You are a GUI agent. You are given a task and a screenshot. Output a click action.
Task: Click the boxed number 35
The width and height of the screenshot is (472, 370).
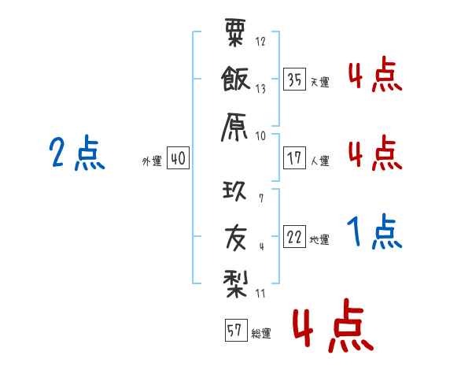pos(294,80)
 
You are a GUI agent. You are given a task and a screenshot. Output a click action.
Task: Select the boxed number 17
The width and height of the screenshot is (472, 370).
pos(294,158)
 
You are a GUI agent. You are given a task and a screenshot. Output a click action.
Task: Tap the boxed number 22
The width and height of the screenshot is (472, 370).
pos(294,237)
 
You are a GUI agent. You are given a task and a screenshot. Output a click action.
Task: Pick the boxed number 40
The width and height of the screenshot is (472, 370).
pos(178,158)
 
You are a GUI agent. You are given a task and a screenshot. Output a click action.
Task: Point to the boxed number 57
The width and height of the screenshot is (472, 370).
pos(234,331)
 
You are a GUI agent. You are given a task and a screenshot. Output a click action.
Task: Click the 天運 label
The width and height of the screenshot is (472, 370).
pos(319,82)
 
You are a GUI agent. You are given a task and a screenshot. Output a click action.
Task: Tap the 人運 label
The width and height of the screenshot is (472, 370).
pos(319,161)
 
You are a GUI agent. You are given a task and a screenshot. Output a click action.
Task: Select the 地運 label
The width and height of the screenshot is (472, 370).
pos(319,239)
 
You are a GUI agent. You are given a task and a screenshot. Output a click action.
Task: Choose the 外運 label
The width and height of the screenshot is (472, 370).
pos(152,161)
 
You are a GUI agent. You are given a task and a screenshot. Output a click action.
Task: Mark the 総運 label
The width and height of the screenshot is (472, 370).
pos(261,333)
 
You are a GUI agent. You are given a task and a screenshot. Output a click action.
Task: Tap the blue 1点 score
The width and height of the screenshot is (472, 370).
pos(374,232)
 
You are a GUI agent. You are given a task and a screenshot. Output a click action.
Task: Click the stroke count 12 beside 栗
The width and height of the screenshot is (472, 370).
pos(260,42)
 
